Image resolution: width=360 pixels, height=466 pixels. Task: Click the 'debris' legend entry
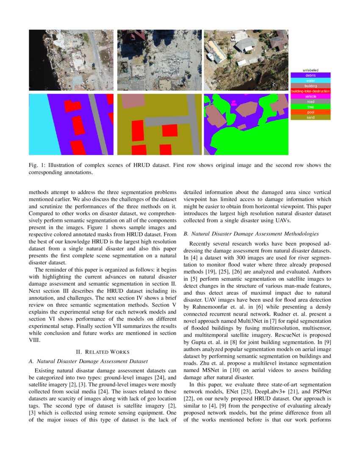click(x=310, y=75)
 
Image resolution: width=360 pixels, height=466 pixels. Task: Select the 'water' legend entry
click(x=310, y=80)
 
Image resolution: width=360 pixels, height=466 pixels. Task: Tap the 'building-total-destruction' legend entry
click(x=310, y=91)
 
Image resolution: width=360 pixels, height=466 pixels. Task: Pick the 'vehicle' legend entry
click(x=310, y=96)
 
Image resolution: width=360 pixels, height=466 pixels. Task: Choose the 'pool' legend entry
click(x=310, y=112)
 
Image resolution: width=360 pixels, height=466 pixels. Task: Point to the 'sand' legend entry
click(x=310, y=117)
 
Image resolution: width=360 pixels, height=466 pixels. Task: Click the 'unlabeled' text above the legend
click(x=310, y=70)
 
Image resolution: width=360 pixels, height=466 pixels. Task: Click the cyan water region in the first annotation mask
click(x=38, y=127)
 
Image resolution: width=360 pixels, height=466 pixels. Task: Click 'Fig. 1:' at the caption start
click(x=37, y=165)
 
